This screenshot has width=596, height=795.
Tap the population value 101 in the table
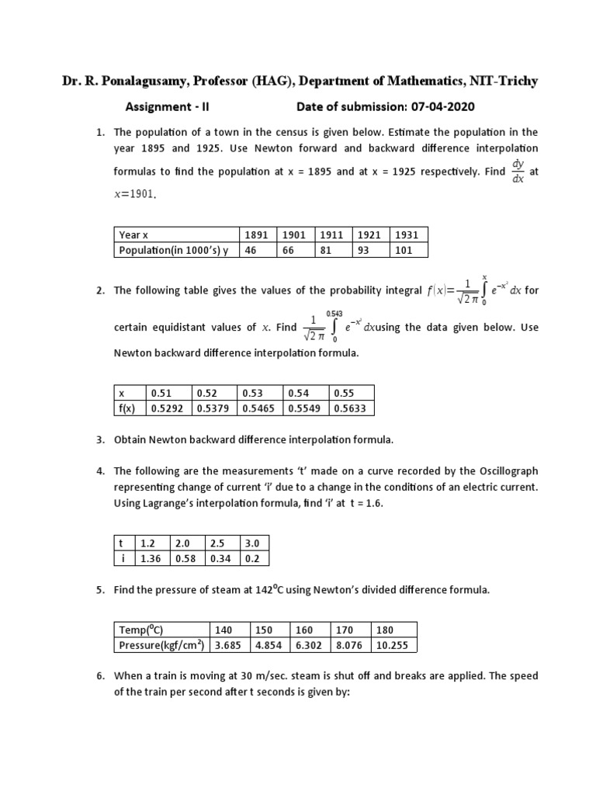[407, 250]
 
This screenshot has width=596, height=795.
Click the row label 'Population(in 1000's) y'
[174, 250]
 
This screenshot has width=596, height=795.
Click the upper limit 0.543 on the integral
[334, 313]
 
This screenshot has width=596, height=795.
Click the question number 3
[100, 440]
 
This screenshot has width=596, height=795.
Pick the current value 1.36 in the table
[151, 558]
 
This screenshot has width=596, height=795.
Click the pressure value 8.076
[347, 644]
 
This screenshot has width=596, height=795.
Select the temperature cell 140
[224, 629]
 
